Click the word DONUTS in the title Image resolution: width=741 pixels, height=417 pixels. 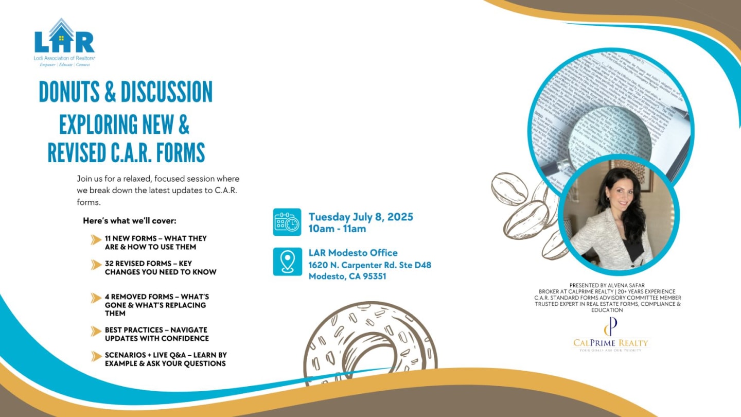tap(69, 92)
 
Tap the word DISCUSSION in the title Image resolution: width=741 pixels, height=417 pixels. tap(166, 92)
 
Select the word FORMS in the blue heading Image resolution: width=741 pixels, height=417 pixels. tap(180, 152)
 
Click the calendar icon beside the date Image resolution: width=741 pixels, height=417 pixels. tap(287, 222)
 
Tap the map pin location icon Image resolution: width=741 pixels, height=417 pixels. tap(287, 262)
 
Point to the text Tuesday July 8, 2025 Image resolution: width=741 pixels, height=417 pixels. tap(360, 217)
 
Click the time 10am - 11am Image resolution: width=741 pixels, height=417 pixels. tap(337, 229)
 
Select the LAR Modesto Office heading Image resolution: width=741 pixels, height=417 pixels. tap(352, 253)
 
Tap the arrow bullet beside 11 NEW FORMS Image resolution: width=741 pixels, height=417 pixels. tap(96, 239)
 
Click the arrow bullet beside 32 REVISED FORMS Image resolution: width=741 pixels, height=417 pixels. tap(96, 265)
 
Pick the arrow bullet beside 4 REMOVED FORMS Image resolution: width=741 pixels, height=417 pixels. tap(96, 298)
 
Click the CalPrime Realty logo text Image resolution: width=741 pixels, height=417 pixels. tap(611, 343)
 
